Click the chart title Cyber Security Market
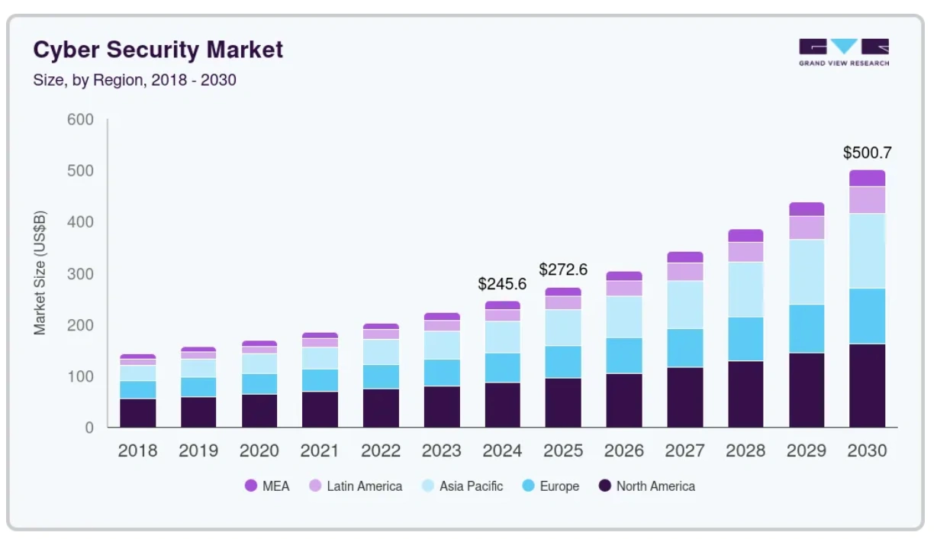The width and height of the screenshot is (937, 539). (158, 50)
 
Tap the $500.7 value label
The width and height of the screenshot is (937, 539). (867, 153)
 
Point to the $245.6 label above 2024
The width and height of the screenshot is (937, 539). (502, 284)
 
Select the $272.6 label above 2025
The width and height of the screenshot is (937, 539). (563, 269)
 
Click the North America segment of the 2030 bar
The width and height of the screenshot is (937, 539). (867, 386)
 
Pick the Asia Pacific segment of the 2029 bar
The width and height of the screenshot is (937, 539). (807, 272)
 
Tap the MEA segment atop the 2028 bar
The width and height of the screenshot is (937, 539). (745, 236)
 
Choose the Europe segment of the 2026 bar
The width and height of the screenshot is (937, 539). (624, 355)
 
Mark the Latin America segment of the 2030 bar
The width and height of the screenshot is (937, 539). (867, 200)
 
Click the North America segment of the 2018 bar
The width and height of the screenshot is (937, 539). (137, 413)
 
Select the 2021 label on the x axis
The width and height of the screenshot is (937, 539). (320, 450)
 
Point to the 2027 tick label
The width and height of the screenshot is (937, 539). (684, 450)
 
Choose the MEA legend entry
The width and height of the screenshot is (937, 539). (267, 486)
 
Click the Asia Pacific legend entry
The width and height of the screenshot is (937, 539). (463, 486)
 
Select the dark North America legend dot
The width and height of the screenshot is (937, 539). (605, 486)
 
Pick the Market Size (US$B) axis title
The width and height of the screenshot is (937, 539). (40, 273)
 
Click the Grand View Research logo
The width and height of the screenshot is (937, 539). (844, 52)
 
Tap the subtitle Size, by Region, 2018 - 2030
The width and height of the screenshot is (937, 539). (134, 80)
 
